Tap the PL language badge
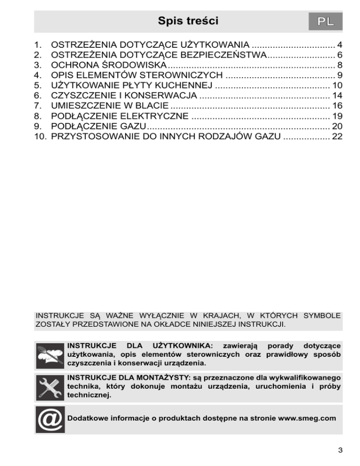pos(325,22)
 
